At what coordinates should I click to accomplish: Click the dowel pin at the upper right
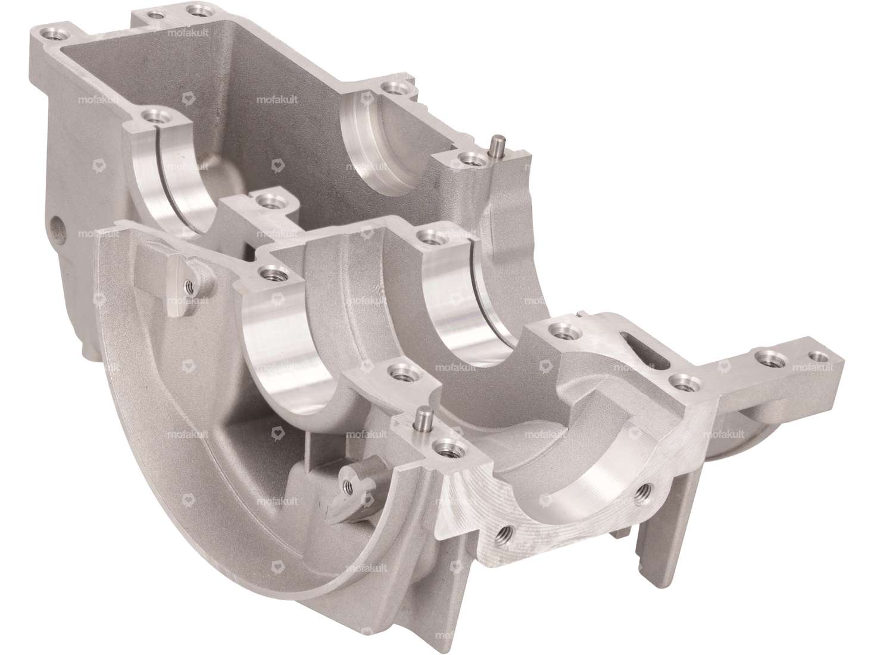click(494, 146)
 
